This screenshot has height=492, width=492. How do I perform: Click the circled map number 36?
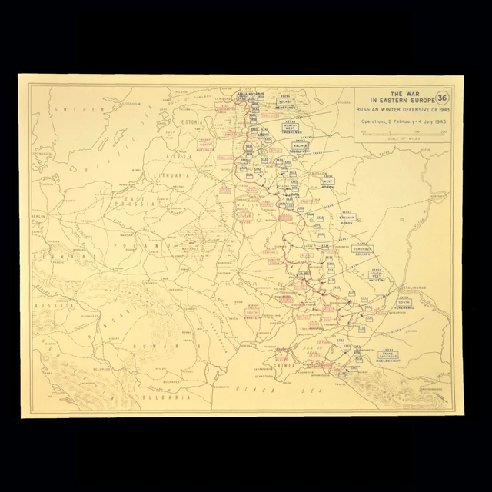point(442,98)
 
